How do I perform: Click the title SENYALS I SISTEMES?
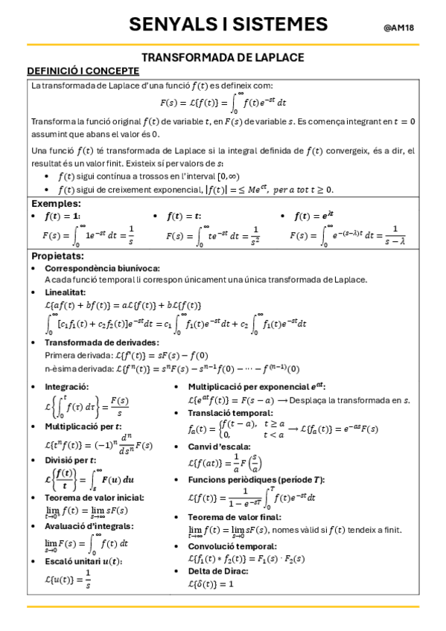click(x=228, y=25)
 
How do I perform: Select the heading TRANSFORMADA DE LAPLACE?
click(x=223, y=57)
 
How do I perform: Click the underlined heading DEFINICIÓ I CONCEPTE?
click(x=83, y=71)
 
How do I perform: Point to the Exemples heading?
click(x=56, y=203)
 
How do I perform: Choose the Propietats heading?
click(x=58, y=255)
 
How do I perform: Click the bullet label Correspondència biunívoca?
click(x=102, y=268)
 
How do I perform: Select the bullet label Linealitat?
click(x=67, y=294)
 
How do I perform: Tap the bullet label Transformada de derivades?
click(x=101, y=342)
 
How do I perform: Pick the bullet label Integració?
click(x=67, y=387)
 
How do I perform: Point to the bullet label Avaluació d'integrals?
click(x=89, y=525)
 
